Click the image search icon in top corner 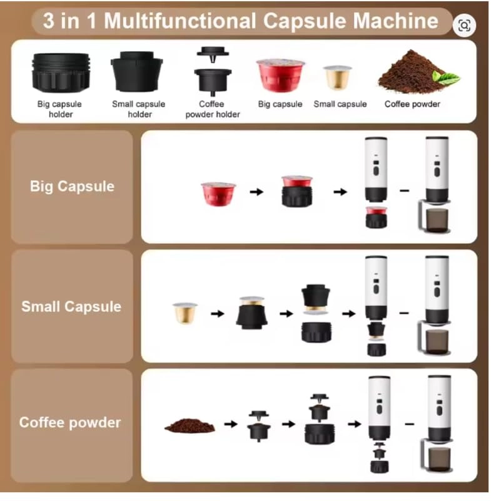tap(464, 26)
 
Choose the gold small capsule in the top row tap(338, 77)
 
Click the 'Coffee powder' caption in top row tap(412, 104)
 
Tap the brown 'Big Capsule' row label tap(72, 187)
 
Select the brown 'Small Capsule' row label tap(71, 306)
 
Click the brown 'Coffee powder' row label tap(70, 422)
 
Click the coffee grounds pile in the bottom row tap(190, 426)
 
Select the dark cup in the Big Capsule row tap(437, 220)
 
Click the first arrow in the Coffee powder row tap(231, 424)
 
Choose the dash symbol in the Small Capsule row tap(405, 311)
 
